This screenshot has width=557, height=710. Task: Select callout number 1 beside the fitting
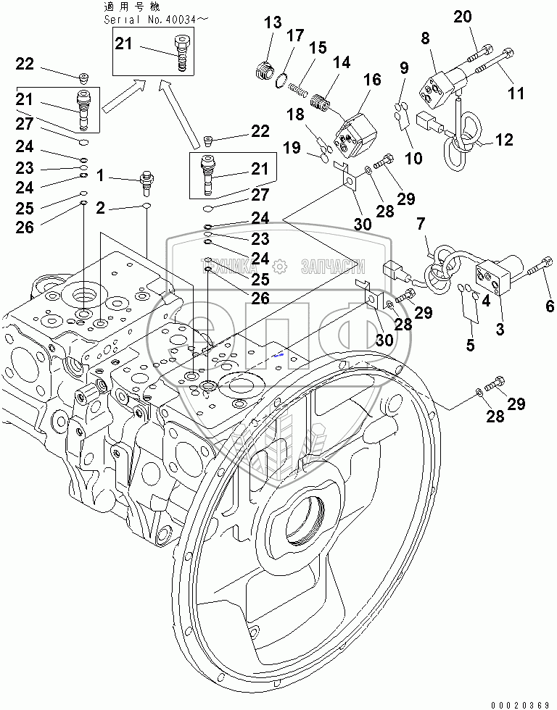click(x=101, y=175)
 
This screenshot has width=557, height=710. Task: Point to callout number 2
click(x=101, y=208)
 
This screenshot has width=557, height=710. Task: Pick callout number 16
click(x=372, y=80)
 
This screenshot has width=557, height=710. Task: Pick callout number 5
click(x=470, y=346)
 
